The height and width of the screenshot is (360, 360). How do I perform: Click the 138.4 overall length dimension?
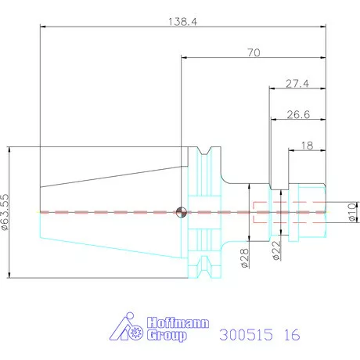(182, 22)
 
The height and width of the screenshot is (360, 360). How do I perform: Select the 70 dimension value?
(254, 52)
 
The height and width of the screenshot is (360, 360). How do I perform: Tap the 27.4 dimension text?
(297, 84)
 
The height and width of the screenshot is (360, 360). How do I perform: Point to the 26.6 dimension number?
(298, 114)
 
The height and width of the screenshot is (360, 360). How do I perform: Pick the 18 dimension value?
(307, 146)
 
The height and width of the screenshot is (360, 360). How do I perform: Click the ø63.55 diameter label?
(5, 212)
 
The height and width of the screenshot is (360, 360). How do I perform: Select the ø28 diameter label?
(245, 258)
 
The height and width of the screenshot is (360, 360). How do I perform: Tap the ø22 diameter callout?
(276, 250)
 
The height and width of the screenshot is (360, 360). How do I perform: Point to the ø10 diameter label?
(352, 212)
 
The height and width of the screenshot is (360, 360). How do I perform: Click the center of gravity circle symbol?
(182, 212)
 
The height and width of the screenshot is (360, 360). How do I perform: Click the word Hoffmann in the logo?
(178, 323)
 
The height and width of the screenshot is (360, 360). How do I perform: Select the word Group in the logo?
(167, 336)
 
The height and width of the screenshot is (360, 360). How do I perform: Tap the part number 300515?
(246, 335)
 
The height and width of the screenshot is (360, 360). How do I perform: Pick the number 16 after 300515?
(292, 335)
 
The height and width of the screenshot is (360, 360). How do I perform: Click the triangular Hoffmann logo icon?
(126, 326)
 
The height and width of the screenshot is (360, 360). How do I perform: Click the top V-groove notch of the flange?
(205, 151)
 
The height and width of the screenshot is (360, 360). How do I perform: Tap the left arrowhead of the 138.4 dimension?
(43, 27)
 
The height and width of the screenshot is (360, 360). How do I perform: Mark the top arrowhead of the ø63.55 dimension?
(9, 150)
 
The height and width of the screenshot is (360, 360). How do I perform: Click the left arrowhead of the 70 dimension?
(184, 57)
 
